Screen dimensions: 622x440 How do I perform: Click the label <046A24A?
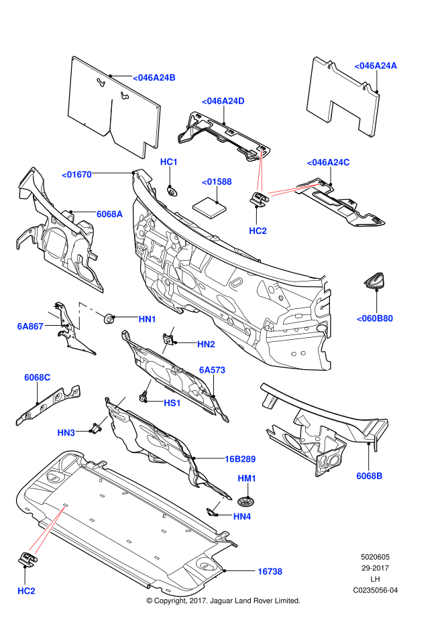tap(376, 66)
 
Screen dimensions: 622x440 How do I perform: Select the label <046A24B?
tap(154, 78)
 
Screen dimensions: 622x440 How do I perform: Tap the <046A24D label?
tap(223, 101)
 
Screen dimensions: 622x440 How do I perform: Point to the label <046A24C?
tap(328, 162)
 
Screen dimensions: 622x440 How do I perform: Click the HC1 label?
tap(169, 162)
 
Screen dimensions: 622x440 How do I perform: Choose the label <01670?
tap(76, 175)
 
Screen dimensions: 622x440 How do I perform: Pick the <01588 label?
tap(217, 182)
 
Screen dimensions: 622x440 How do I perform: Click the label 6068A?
tap(109, 214)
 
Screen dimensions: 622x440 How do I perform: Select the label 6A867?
tap(30, 326)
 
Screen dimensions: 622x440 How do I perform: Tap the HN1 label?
tap(148, 319)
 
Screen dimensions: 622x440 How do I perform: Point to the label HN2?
tap(206, 345)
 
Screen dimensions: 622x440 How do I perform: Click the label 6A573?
tap(212, 370)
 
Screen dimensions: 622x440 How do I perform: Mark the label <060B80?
tap(374, 318)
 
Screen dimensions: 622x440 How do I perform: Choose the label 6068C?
tap(38, 377)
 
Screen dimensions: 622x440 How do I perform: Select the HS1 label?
tap(172, 403)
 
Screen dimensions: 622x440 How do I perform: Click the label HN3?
tap(66, 433)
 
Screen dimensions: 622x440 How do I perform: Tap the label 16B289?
tap(240, 459)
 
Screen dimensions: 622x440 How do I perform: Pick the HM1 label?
tap(247, 479)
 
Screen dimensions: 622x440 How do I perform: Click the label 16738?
tap(270, 572)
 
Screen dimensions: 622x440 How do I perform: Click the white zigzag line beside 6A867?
tap(78, 315)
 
